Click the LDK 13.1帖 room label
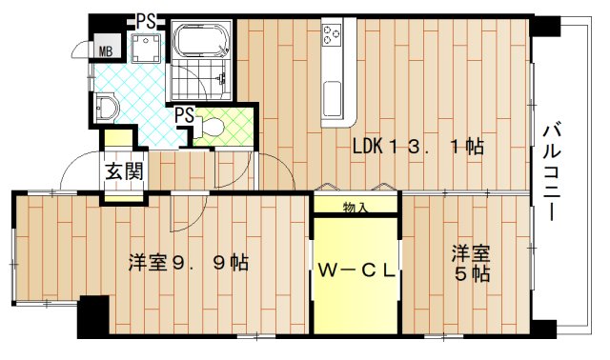[x=417, y=147]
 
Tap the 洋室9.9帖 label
[x=189, y=262]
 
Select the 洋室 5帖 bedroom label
[x=471, y=263]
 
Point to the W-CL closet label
[x=356, y=270]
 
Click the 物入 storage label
[x=356, y=206]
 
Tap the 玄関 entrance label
[x=124, y=172]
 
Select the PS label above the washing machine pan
[x=146, y=19]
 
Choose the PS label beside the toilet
[x=184, y=115]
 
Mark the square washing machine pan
[x=146, y=50]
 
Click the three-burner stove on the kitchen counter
[x=333, y=36]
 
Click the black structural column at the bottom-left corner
[x=93, y=317]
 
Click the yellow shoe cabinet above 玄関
[x=118, y=139]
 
